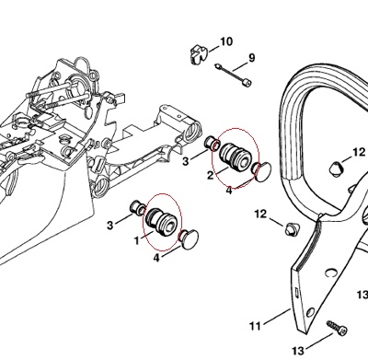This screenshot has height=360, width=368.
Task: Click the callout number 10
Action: pos(226,41)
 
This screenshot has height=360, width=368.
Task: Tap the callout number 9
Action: pos(251,58)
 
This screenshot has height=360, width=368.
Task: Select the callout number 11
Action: pos(255,325)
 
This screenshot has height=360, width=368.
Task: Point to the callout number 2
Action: pos(210,176)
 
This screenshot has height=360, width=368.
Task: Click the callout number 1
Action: pos(137,240)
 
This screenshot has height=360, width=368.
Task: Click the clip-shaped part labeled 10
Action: pos(198,54)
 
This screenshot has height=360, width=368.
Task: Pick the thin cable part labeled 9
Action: pos(234,75)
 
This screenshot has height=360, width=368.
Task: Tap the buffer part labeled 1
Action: pos(162,220)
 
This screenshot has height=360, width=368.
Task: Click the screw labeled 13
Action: pos(337,328)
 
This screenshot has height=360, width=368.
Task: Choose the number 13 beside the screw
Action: pos(298,350)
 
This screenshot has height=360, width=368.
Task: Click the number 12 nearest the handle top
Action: pos(359,152)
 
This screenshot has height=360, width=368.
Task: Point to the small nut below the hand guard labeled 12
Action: pos(290,229)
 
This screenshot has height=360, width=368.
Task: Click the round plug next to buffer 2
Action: pos(261,172)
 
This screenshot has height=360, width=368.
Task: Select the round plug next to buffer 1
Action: pos(189,239)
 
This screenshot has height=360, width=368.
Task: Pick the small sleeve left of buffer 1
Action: pos(138,207)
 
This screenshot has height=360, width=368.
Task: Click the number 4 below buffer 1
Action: pos(156,258)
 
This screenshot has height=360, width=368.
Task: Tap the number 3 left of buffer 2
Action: pos(185,161)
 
